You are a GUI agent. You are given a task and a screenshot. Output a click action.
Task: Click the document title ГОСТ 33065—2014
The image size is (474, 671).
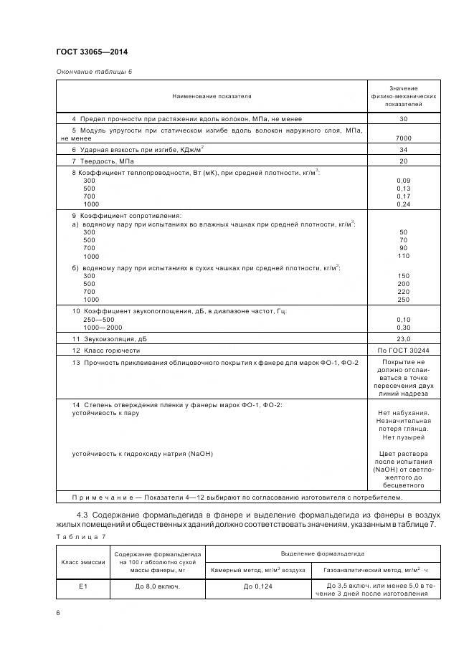(x=92, y=52)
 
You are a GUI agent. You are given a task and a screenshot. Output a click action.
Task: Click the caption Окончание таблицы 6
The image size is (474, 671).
(x=93, y=71)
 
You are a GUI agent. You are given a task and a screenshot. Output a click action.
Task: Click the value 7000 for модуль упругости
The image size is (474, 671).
(x=403, y=138)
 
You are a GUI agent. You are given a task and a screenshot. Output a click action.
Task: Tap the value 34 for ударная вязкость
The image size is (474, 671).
(x=403, y=149)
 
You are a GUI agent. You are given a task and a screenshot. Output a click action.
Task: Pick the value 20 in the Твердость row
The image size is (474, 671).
(x=403, y=161)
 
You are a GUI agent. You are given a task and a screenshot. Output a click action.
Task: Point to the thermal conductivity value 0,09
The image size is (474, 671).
(x=403, y=180)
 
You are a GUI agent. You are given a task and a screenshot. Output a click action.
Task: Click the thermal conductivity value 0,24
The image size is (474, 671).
(x=403, y=204)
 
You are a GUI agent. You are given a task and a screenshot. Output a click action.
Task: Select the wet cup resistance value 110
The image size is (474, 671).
(x=403, y=256)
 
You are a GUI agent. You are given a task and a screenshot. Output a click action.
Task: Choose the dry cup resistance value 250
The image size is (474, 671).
(x=403, y=299)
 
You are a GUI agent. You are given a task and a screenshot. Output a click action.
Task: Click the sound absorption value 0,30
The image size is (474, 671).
(x=403, y=327)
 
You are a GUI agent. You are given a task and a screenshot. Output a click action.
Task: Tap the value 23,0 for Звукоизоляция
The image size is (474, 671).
(x=403, y=338)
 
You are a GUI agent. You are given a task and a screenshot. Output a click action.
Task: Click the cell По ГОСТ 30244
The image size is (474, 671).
(x=403, y=351)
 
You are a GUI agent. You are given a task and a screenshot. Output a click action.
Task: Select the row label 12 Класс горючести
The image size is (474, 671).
(x=106, y=351)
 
